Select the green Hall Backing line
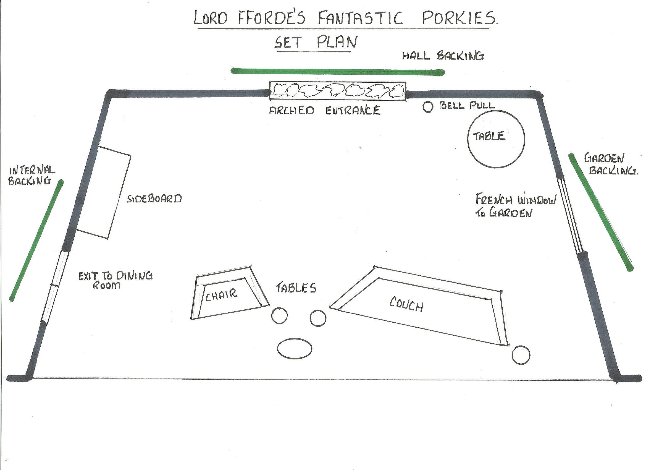coord(338,72)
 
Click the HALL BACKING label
coord(443,56)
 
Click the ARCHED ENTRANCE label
coord(325,110)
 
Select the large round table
coord(496,139)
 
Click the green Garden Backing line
coord(601,212)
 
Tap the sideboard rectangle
coord(104,192)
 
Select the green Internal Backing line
coord(36,240)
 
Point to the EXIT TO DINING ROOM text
coord(116,280)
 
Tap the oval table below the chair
coord(295,348)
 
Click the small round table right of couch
coord(521,355)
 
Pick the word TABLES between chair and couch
coord(296,288)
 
